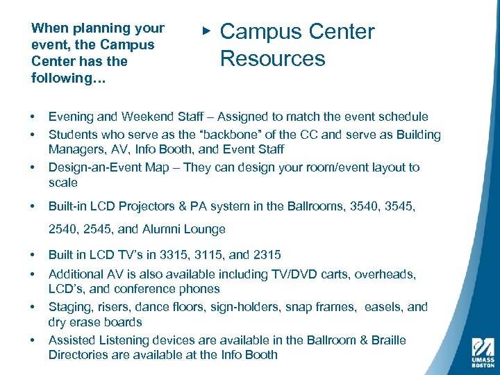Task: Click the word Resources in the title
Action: [x=272, y=58]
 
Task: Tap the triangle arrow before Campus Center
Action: [x=206, y=31]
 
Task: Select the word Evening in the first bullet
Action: [x=71, y=117]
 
